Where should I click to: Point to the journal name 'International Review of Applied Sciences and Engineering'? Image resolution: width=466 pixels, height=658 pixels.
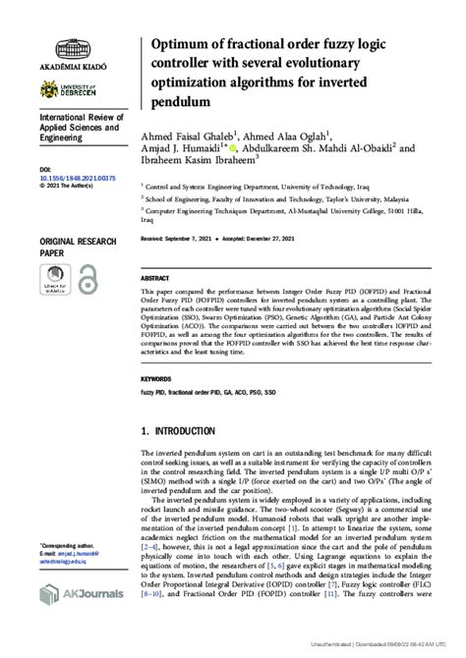pyautogui.click(x=79, y=128)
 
